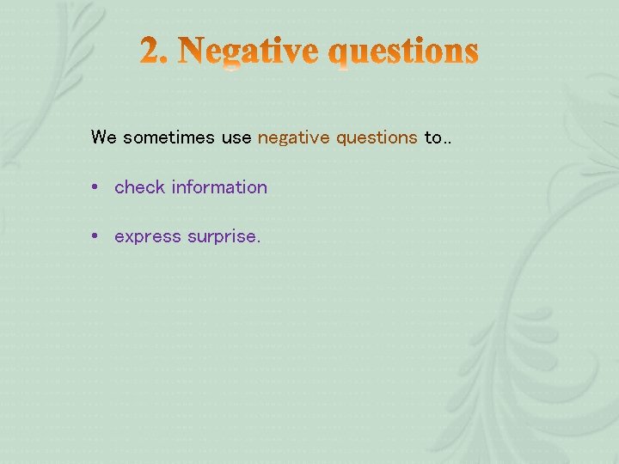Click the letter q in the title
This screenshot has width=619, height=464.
pyautogui.click(x=341, y=56)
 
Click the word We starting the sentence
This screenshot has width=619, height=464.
pyautogui.click(x=103, y=137)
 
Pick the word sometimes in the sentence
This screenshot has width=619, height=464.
pyautogui.click(x=169, y=137)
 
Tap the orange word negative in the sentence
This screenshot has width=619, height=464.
pyautogui.click(x=293, y=137)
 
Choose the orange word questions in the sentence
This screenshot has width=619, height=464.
pyautogui.click(x=377, y=137)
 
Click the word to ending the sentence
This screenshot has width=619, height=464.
pyautogui.click(x=432, y=137)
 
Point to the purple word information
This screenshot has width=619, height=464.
pyautogui.click(x=219, y=187)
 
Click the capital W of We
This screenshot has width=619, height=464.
pyautogui.click(x=98, y=137)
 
